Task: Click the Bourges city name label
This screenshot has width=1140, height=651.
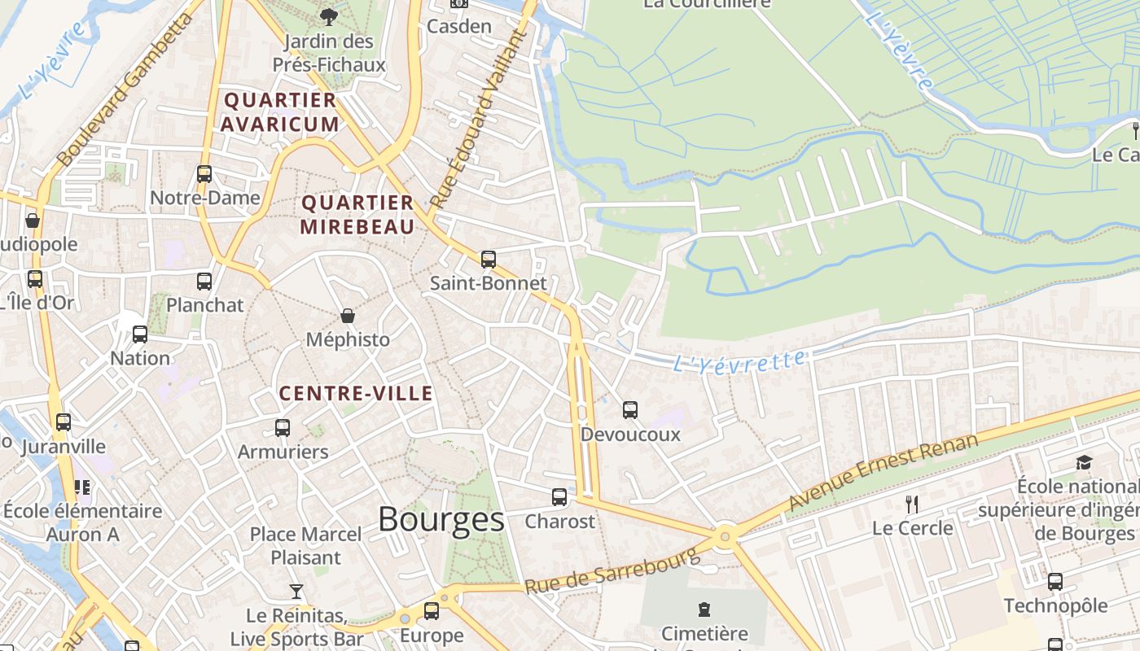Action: tap(441, 519)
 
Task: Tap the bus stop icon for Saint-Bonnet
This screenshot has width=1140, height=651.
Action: tap(488, 260)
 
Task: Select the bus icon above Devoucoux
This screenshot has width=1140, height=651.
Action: tap(629, 409)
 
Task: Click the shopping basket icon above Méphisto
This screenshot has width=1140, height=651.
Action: tap(348, 316)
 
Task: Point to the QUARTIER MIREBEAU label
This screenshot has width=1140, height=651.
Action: tap(357, 215)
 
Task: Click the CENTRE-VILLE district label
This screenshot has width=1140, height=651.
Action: tap(356, 394)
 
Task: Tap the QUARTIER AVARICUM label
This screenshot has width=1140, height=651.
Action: tap(279, 112)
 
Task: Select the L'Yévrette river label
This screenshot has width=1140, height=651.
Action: tap(740, 360)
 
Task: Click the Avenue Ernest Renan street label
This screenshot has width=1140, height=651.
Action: tap(883, 473)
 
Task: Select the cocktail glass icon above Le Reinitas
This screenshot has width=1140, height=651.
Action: tap(296, 591)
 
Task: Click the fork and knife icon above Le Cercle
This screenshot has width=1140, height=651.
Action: tap(912, 505)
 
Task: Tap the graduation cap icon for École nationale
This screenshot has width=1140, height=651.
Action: tap(1084, 462)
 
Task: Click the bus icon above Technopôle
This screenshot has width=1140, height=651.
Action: tap(1054, 581)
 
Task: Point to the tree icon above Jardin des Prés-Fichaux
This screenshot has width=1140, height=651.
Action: tap(328, 15)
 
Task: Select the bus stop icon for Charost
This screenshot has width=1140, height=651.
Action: tap(559, 496)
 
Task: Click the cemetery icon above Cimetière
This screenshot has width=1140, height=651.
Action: tap(704, 609)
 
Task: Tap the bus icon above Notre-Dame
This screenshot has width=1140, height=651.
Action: tap(204, 173)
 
